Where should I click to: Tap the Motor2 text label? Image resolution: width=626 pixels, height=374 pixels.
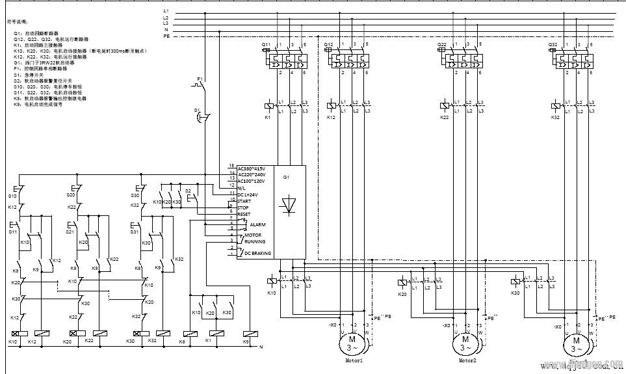(x=467, y=360)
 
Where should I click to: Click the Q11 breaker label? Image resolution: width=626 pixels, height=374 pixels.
(x=266, y=44)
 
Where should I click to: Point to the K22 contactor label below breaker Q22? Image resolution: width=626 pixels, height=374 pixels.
(x=444, y=118)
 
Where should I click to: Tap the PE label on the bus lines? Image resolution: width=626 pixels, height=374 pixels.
(x=166, y=36)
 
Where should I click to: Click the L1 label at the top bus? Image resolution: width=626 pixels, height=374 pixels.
(x=166, y=11)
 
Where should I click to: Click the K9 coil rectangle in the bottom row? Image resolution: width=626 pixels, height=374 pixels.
(x=251, y=333)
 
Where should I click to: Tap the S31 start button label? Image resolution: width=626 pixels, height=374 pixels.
(x=136, y=232)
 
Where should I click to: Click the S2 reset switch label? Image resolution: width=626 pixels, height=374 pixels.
(x=189, y=191)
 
